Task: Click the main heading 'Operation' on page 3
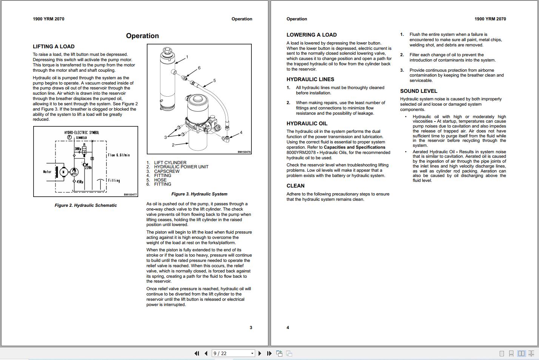(x=142, y=36)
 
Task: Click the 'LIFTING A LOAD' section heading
(x=54, y=46)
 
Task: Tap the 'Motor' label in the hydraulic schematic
(x=47, y=172)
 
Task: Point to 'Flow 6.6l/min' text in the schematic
(x=119, y=155)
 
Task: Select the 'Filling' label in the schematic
(x=114, y=181)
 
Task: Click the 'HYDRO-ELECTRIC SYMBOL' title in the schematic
(x=82, y=132)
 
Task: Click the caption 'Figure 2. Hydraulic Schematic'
(x=86, y=205)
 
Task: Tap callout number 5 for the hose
(x=214, y=80)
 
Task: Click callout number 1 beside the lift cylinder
(x=187, y=57)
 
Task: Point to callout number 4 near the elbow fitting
(x=241, y=132)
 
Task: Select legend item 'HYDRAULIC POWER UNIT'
(x=181, y=167)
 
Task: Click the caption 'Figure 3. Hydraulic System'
(x=199, y=194)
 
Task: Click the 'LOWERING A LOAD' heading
(x=311, y=35)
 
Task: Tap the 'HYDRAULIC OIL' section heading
(x=307, y=123)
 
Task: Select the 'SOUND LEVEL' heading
(x=419, y=91)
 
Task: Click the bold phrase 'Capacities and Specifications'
(x=354, y=147)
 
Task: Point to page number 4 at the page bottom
(x=288, y=328)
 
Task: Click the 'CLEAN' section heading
(x=295, y=186)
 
